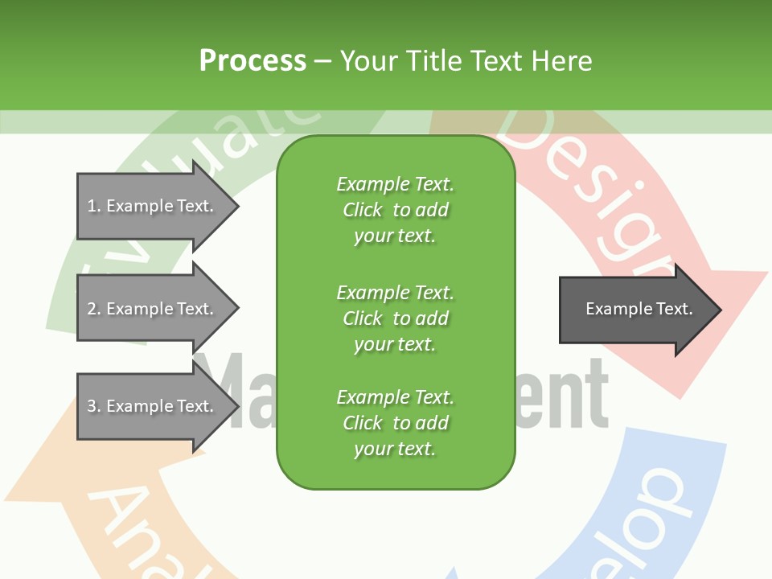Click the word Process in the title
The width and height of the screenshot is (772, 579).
[253, 61]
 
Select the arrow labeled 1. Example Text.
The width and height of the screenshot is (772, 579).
[153, 206]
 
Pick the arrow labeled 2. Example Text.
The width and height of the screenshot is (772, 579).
[153, 309]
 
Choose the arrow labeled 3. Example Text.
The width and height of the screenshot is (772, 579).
[153, 406]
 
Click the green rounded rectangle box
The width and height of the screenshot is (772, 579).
[396, 312]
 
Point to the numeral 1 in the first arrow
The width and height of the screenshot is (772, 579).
[92, 206]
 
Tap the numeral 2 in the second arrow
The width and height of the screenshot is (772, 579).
[92, 309]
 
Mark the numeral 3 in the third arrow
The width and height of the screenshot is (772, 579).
[92, 406]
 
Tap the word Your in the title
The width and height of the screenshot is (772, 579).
[368, 61]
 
